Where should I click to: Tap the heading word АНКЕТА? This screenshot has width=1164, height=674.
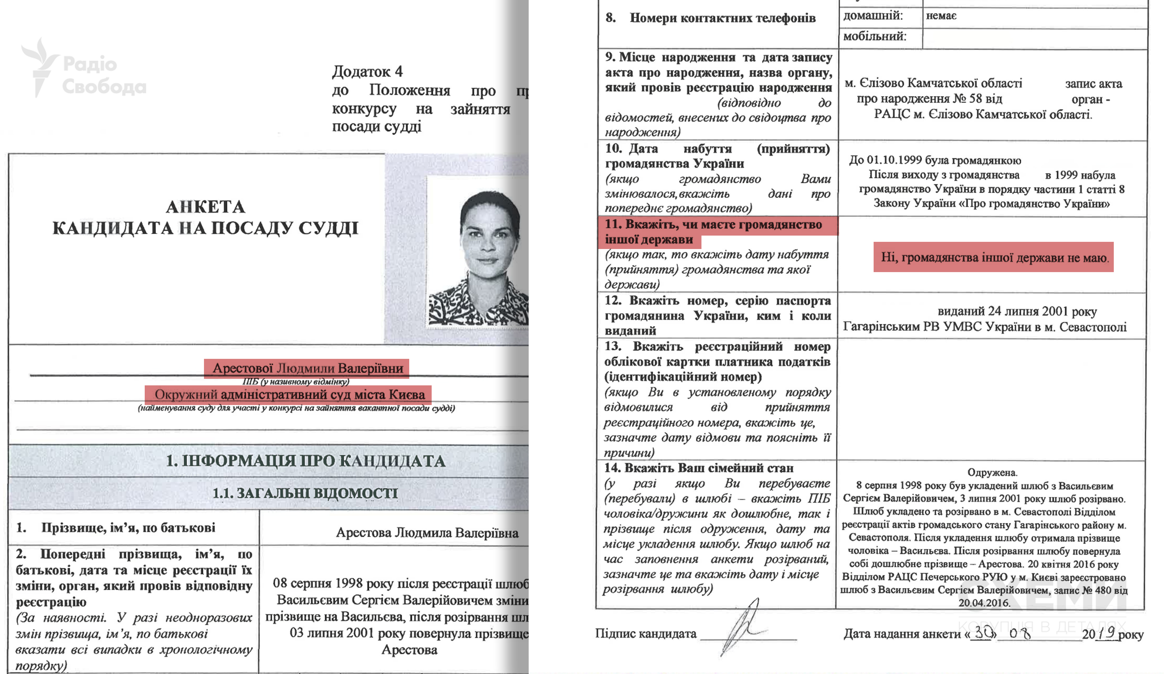(206, 207)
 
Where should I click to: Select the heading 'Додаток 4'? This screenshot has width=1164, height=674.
(367, 71)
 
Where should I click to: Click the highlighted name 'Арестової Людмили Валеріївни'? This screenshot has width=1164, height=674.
(307, 368)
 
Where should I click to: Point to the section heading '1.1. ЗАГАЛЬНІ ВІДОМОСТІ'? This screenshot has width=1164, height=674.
(305, 493)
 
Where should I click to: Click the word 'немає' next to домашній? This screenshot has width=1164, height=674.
(941, 16)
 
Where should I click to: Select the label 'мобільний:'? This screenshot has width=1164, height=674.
(874, 36)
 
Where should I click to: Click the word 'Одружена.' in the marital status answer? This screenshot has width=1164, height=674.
(992, 472)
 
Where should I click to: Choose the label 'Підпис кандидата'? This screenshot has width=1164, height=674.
(645, 633)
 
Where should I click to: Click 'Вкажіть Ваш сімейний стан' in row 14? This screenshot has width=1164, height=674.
(709, 468)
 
